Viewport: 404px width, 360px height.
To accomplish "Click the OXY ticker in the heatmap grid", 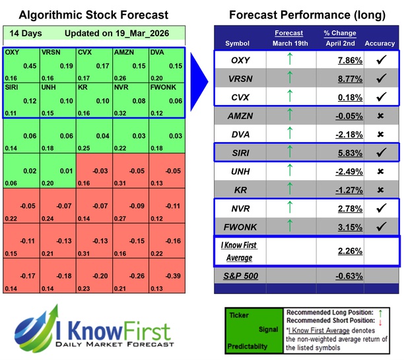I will (x=11, y=52).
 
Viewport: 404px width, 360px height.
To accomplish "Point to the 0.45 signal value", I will (x=30, y=65).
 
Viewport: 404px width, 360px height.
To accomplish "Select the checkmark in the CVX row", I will (x=380, y=97).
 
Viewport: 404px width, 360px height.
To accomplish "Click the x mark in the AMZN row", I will (x=380, y=116).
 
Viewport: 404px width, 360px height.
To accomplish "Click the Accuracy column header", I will (x=380, y=44).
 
